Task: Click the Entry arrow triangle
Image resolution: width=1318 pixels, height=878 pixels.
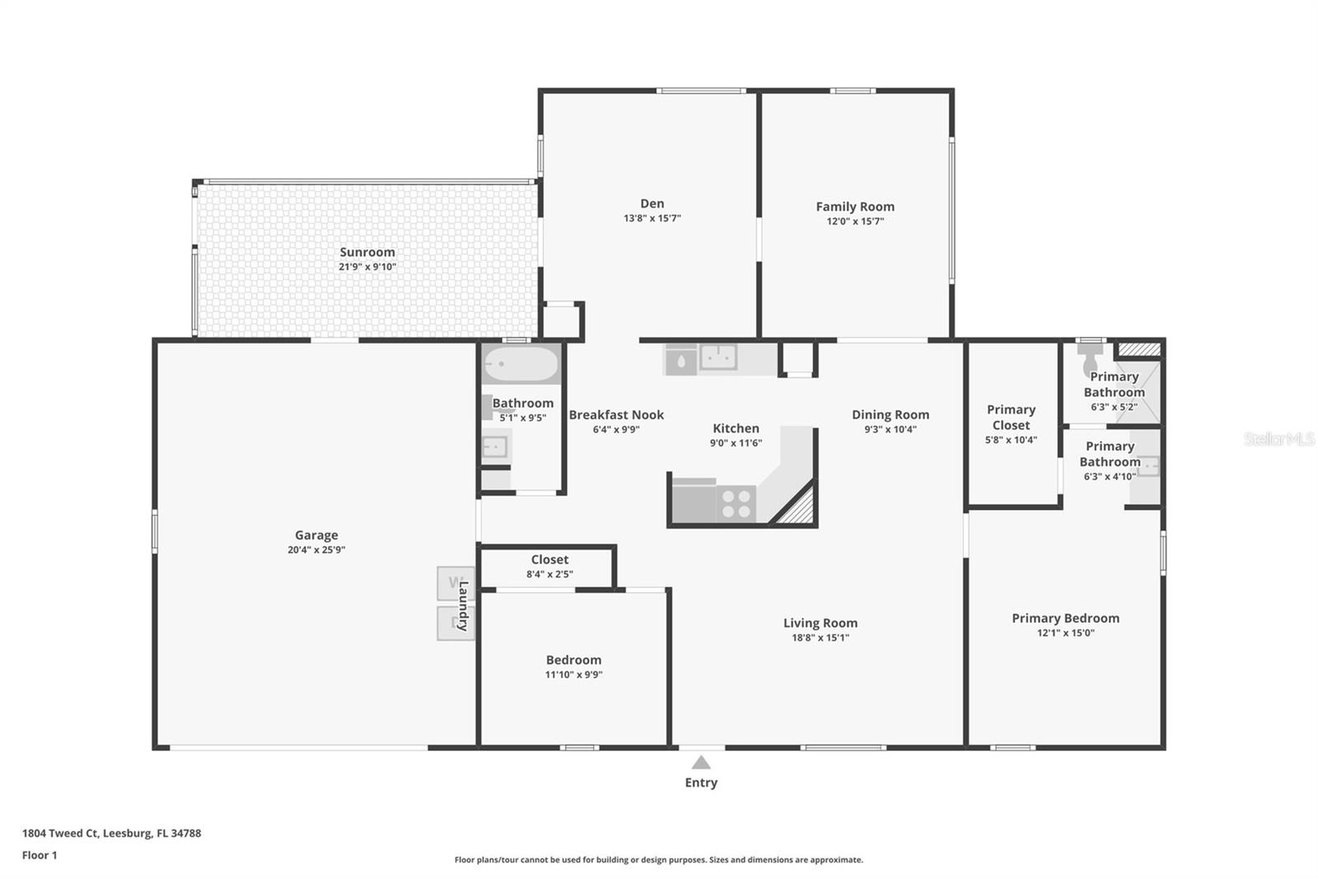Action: point(701,762)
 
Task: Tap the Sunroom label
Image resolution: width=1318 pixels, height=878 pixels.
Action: point(367,252)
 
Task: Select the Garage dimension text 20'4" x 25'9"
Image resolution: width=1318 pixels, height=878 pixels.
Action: point(316,549)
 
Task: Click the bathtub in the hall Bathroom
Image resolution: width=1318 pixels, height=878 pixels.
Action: point(521,363)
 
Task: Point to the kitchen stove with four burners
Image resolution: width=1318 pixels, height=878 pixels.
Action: point(736,503)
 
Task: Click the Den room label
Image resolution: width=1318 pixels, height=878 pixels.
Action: point(652,203)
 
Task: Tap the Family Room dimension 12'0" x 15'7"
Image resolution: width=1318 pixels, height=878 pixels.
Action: point(855,221)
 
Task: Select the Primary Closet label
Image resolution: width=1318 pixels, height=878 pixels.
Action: point(1011,417)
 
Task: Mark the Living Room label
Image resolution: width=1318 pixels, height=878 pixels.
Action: point(820,623)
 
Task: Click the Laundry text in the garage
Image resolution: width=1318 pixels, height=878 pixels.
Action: point(463,605)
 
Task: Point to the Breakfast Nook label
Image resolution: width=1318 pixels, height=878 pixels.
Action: point(616,414)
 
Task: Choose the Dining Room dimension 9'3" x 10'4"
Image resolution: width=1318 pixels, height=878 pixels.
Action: point(890,428)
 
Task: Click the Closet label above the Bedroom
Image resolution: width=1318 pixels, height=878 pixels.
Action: point(549,559)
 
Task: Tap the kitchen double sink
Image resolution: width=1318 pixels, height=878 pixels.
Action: point(717,357)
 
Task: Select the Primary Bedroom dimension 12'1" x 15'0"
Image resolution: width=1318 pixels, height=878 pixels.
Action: point(1065,633)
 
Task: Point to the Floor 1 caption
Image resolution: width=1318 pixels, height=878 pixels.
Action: point(40,855)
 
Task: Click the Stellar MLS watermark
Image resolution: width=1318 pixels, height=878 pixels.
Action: point(1278,439)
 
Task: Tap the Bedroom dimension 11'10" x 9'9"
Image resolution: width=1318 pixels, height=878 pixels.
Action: point(573,674)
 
